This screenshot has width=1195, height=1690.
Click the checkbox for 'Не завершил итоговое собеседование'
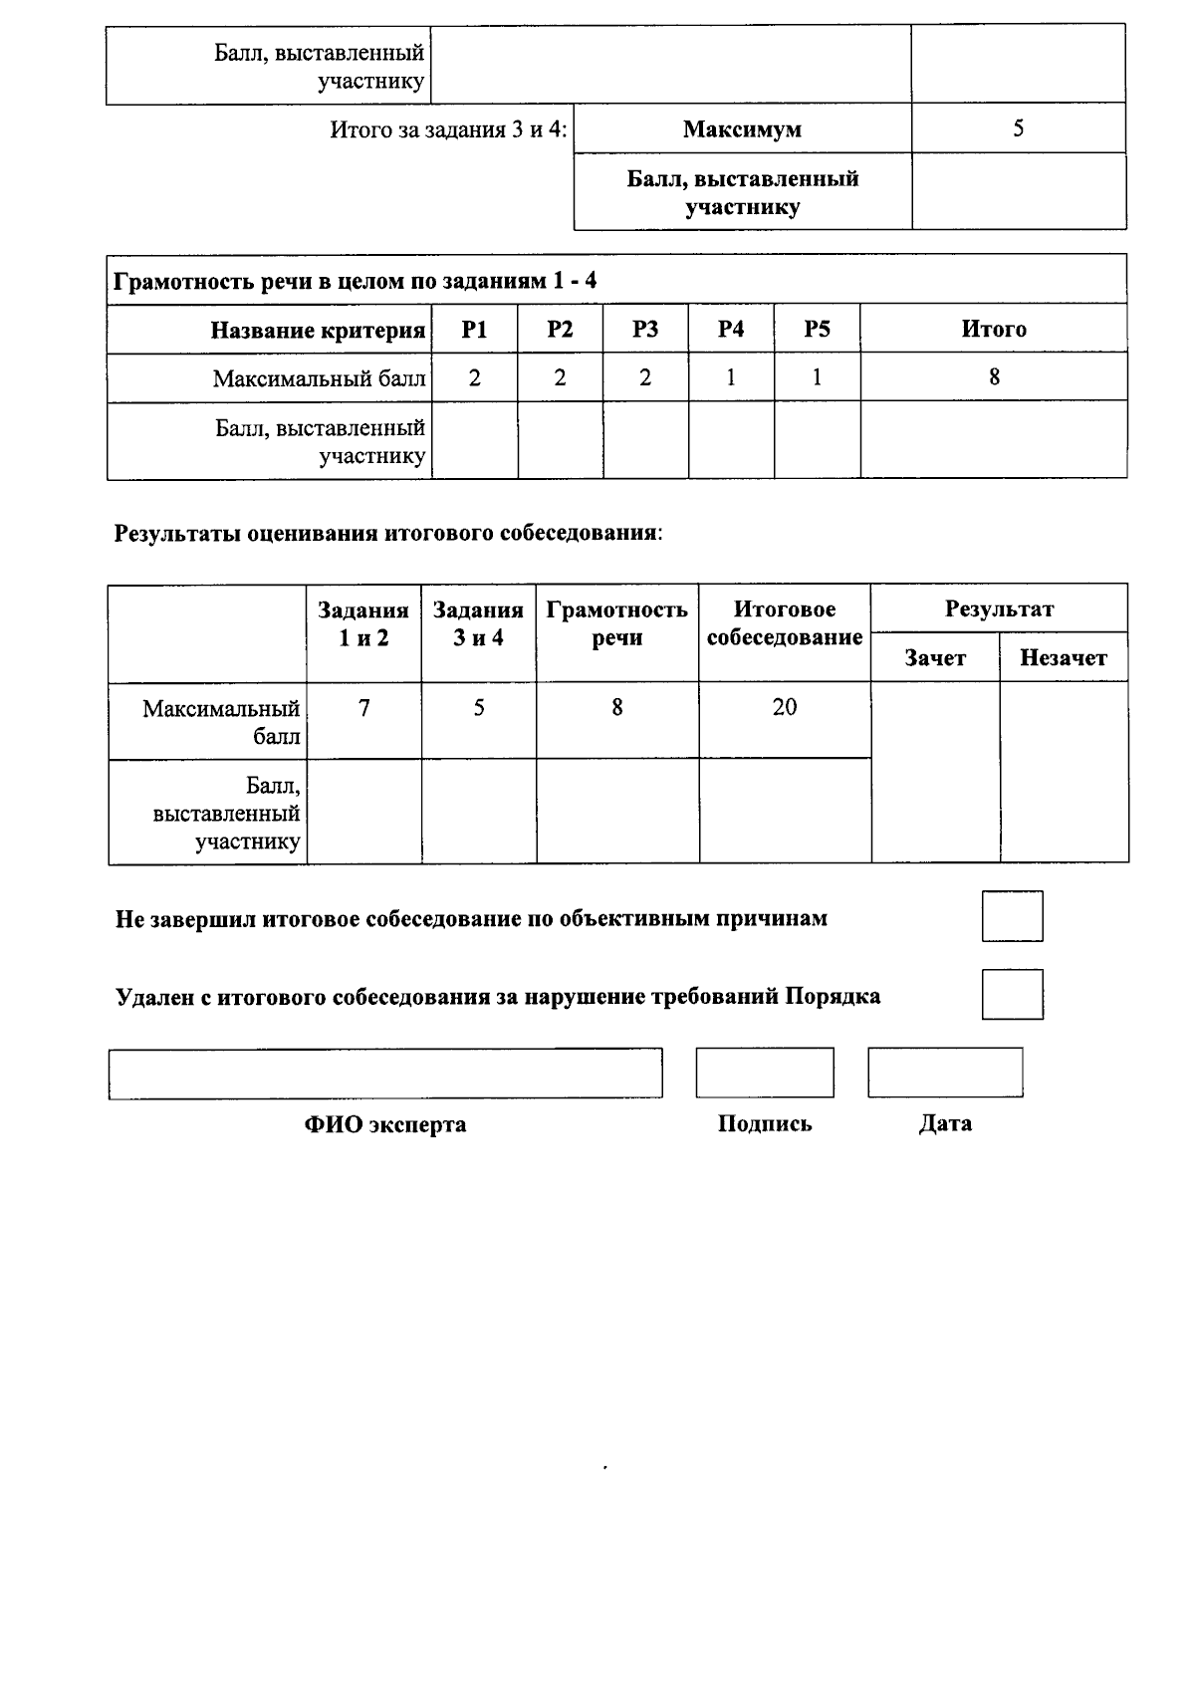1012,916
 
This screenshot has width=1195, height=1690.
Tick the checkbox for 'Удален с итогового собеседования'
1012,994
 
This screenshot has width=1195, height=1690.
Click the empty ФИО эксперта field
385,1074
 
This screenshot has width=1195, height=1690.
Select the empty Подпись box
765,1073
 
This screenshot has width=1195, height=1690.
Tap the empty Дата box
945,1073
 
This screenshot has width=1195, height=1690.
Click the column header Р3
645,330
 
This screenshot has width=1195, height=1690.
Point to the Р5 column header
817,330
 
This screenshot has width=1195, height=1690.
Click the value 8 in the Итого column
994,377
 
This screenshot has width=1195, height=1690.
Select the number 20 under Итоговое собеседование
785,707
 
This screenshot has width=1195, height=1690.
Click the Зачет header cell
935,658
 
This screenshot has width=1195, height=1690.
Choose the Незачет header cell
1064,658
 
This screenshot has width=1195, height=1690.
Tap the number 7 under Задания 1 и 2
364,707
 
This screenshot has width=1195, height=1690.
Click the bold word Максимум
742,129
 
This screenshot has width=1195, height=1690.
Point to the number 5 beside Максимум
1018,128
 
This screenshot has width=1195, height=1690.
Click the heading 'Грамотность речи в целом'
356,281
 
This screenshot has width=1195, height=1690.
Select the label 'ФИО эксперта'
385,1124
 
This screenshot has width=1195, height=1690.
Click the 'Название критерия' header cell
318,330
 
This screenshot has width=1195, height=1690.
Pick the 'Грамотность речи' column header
617,623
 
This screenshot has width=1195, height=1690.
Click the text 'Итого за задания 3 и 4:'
448,129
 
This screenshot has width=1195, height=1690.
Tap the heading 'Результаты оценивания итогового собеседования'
388,533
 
